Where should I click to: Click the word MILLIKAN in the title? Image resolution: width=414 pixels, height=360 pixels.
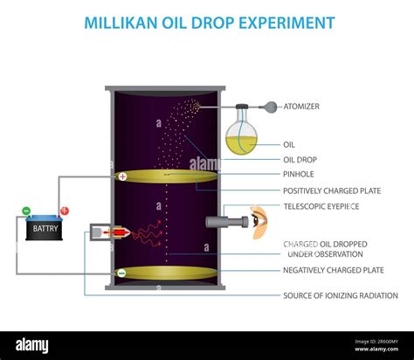(x=122, y=22)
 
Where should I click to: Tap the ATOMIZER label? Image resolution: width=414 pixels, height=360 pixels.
(x=301, y=107)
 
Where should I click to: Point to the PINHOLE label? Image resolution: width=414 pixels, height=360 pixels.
(x=299, y=175)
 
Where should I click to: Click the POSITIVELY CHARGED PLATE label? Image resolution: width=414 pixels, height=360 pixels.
(x=333, y=190)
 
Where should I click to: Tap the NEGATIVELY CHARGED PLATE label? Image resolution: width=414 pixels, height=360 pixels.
(x=333, y=270)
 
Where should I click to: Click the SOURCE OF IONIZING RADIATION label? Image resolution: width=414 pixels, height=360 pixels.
(x=340, y=295)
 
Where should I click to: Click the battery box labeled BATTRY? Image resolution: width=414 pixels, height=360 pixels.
(x=42, y=230)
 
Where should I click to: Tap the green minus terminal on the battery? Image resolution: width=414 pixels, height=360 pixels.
(x=26, y=211)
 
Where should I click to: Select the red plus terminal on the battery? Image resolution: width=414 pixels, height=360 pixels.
(x=64, y=211)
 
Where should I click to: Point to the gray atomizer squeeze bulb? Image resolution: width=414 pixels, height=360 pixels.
(x=272, y=107)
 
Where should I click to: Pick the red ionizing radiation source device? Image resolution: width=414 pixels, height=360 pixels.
(x=114, y=233)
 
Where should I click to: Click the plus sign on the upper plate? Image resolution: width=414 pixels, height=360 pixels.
(x=122, y=177)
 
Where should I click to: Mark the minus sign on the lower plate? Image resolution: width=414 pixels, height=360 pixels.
(x=121, y=273)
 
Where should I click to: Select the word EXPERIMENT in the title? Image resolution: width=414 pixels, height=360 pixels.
(x=279, y=22)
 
